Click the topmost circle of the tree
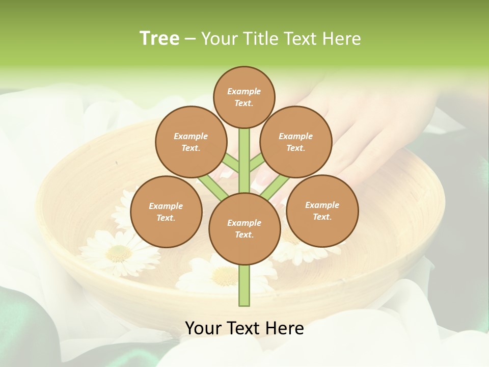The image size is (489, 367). coord(244,97)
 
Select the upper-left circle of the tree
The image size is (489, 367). coord(191,142)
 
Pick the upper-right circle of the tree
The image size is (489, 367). coord(295,142)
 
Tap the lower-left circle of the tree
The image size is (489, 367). coord(166,212)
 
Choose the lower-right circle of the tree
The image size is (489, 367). coord(322,211)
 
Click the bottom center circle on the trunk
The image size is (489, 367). coord(244,228)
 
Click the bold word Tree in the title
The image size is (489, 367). coord(159,38)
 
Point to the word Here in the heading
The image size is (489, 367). coord(342,38)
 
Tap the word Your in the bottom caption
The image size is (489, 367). coord(203,328)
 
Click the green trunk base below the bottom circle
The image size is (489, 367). coord(244,285)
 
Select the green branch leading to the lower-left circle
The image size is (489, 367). coord(213,186)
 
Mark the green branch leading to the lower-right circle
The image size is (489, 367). coord(275,186)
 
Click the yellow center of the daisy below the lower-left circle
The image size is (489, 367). coord(119,252)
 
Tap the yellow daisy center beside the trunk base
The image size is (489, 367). coord(224,276)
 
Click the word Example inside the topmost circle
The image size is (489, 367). coord(244,91)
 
